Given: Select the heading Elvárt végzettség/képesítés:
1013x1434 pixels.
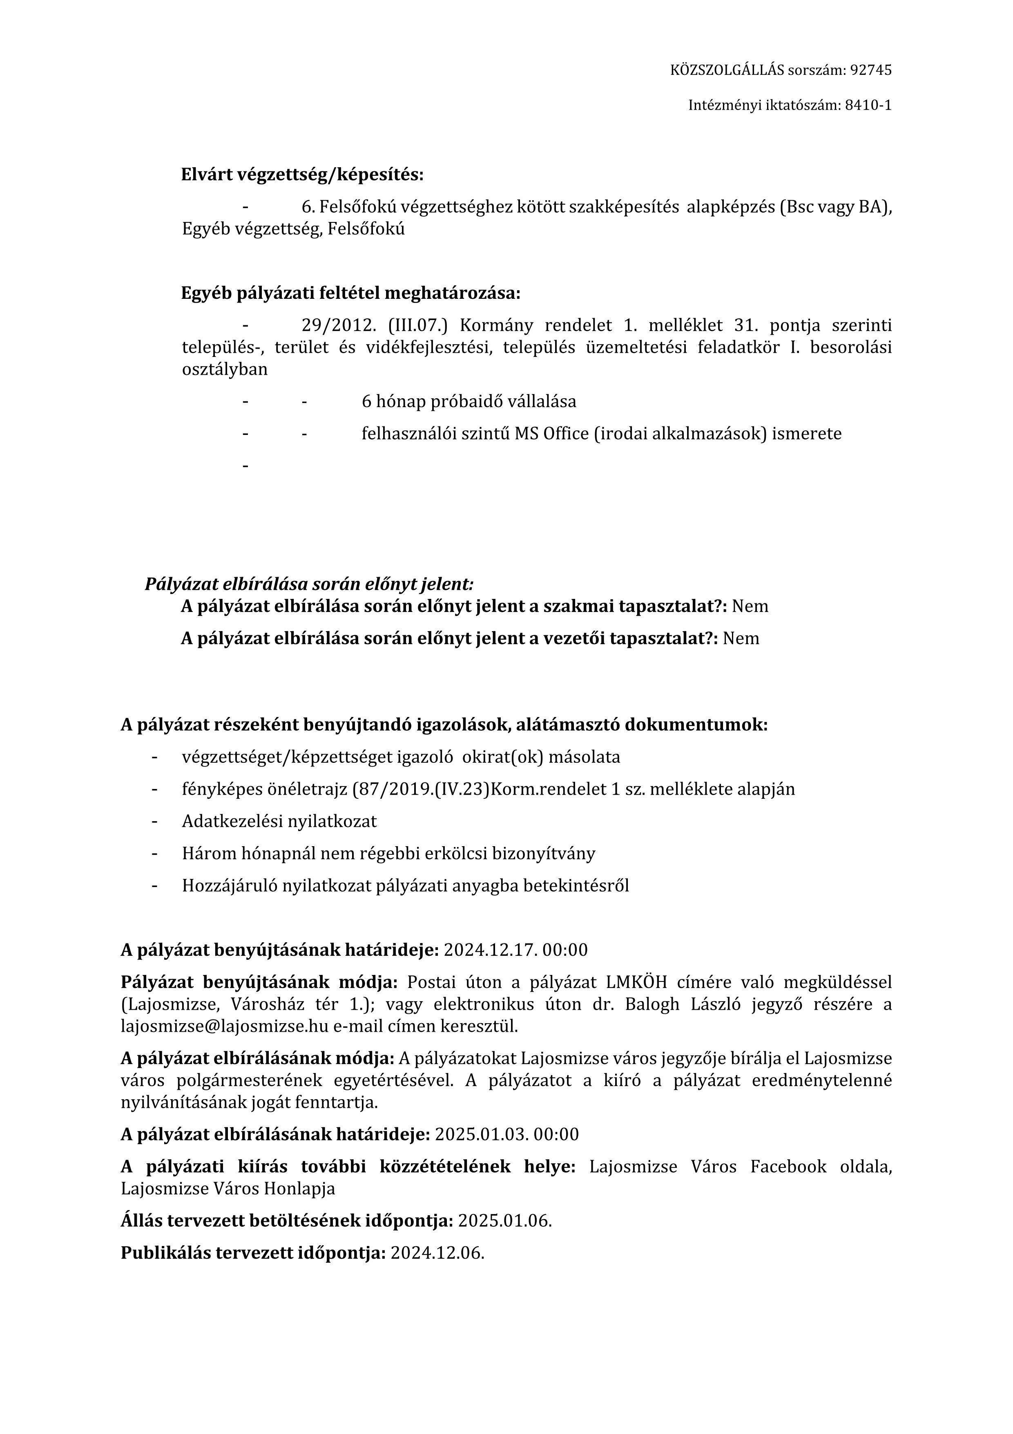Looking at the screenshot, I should pyautogui.click(x=302, y=175).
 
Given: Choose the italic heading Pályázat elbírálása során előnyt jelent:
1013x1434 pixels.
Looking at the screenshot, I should pyautogui.click(x=309, y=584).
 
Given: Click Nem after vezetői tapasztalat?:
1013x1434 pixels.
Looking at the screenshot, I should pyautogui.click(x=741, y=638).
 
